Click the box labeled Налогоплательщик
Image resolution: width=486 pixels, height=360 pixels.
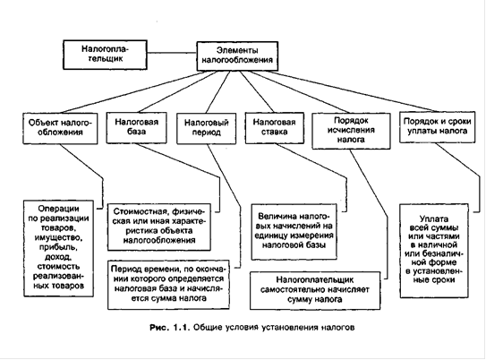(x=105, y=55)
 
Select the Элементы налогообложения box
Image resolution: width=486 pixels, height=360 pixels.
(x=237, y=56)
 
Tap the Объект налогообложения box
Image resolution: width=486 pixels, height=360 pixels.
(x=60, y=128)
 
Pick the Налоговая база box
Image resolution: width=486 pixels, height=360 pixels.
(x=136, y=128)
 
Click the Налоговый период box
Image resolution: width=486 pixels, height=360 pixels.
(x=206, y=128)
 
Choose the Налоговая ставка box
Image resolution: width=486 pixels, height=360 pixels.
(x=274, y=128)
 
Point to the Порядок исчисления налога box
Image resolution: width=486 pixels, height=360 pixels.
(x=351, y=131)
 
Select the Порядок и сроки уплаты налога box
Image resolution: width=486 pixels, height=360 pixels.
(x=437, y=127)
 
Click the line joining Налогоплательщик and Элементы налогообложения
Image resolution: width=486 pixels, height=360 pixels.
(x=172, y=53)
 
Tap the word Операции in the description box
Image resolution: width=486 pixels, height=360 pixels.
(x=58, y=209)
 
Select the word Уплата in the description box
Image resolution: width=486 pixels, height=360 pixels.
(x=434, y=219)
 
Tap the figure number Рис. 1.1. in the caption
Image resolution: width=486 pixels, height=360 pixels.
(x=169, y=328)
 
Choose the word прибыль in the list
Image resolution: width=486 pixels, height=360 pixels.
(x=58, y=248)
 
